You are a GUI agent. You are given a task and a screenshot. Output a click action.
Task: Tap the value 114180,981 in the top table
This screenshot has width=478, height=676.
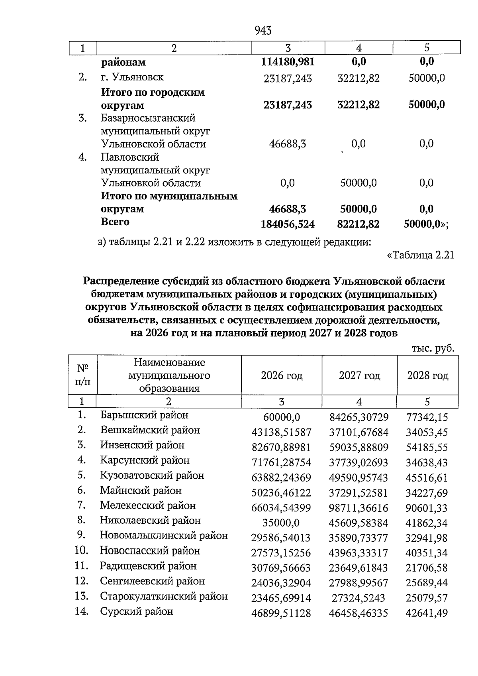288,62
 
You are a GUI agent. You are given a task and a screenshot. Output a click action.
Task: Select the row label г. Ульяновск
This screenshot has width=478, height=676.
132,77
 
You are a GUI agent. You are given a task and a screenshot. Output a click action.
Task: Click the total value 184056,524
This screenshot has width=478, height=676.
288,224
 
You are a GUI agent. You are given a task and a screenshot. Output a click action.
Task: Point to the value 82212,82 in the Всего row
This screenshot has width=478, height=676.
358,224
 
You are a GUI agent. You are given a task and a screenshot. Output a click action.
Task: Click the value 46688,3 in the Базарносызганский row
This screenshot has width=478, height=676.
288,144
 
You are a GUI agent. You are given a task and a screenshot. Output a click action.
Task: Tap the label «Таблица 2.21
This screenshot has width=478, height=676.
421,255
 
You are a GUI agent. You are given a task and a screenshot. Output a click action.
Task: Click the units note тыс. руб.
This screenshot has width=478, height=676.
433,348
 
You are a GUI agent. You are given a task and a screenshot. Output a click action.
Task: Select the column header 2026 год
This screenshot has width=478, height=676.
281,375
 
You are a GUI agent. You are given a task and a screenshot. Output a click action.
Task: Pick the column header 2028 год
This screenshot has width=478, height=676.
427,375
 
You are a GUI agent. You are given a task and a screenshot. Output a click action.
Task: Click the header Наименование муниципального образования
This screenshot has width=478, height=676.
169,375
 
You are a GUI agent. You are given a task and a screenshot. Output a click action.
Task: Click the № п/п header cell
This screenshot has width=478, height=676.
82,375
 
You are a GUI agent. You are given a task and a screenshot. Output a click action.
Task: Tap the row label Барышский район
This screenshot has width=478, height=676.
144,415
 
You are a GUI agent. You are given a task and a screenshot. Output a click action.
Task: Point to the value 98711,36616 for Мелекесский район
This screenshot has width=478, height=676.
358,508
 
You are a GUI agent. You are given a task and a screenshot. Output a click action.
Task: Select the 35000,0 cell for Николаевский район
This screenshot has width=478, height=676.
281,523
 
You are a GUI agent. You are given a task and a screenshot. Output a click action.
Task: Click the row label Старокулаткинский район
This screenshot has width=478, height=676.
164,597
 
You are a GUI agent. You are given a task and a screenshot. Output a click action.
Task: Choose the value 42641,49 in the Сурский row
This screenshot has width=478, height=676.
426,613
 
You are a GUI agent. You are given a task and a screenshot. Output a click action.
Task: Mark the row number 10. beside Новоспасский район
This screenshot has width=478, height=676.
81,551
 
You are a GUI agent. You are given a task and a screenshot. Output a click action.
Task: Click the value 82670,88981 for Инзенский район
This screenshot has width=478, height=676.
281,448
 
